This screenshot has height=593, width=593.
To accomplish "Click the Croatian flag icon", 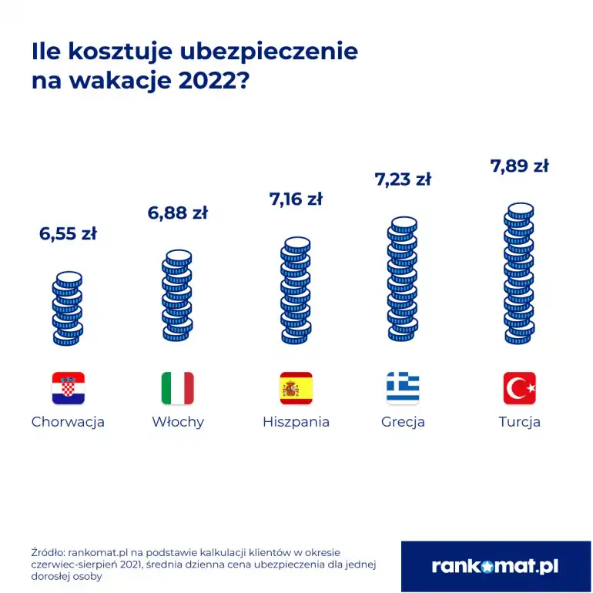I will [68, 388].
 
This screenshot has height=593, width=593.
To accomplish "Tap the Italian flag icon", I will [178, 388].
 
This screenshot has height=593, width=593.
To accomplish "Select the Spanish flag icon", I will [296, 388].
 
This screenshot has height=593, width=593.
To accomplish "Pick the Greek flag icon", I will [403, 388].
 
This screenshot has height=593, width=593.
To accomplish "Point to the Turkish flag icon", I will [520, 388].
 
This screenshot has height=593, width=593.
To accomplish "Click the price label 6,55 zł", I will [68, 234].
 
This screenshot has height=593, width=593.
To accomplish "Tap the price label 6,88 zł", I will [178, 213].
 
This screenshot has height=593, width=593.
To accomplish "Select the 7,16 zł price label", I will [296, 199].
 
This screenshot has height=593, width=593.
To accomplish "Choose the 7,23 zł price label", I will [403, 179].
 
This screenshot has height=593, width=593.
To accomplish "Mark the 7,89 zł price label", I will [520, 166].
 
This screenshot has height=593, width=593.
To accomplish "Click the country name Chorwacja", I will [68, 422].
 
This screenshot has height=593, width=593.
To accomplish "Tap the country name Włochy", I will [178, 422].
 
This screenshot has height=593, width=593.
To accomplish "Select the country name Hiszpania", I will [296, 422].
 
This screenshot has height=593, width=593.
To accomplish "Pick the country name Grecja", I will [403, 422].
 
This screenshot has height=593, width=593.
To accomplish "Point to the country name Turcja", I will [520, 422].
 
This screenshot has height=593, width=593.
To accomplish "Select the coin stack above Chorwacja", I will [68, 308].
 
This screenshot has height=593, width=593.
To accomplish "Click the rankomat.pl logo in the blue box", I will [495, 567].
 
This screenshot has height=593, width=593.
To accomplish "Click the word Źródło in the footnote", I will [48, 552].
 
